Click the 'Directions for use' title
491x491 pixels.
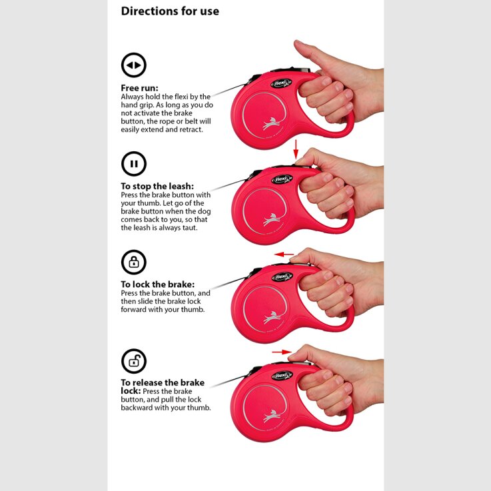[170, 11]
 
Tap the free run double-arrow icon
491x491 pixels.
[134, 65]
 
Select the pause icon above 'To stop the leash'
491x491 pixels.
[134, 164]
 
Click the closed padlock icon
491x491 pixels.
[134, 262]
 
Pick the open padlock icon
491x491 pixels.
[134, 361]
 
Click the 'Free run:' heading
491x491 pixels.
[140, 88]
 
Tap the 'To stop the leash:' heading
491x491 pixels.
[157, 187]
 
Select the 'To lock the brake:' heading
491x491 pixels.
[158, 284]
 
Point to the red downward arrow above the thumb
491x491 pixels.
[296, 149]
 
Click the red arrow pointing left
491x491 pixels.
[284, 254]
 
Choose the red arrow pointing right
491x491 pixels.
[282, 352]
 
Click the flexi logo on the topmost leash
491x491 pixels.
[281, 83]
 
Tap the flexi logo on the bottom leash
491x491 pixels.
[282, 375]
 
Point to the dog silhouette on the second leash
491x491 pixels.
[272, 219]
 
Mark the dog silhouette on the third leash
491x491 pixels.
[272, 317]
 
